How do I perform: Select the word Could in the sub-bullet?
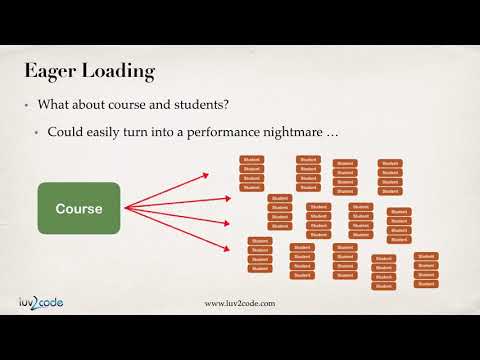[66, 133]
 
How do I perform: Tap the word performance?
[225, 133]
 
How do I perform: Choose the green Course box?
[80, 209]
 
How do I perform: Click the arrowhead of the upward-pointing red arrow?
[206, 175]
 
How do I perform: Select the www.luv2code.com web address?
[240, 304]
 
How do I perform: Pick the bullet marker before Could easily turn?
[38, 133]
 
